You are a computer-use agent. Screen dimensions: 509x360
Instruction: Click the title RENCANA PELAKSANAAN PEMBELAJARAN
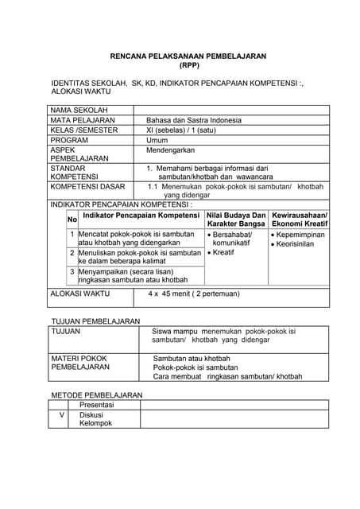188,56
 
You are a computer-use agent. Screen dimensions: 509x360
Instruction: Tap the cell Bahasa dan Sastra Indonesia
194,120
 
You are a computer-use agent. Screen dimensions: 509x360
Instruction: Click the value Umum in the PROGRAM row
157,140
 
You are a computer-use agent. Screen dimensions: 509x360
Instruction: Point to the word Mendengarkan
170,150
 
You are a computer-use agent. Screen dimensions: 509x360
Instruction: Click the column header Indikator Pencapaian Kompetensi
141,216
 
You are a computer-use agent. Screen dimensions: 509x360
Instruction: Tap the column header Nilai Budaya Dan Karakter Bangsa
236,220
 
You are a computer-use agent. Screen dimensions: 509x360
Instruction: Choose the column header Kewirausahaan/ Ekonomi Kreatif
299,220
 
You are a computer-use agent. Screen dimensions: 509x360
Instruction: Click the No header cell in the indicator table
72,220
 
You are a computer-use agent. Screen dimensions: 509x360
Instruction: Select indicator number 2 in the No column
72,253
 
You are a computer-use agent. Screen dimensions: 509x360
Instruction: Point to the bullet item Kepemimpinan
302,235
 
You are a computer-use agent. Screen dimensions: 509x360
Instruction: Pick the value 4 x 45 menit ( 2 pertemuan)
193,293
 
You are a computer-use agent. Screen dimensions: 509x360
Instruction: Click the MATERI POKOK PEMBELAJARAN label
79,363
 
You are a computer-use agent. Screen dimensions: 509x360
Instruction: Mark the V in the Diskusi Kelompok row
62,415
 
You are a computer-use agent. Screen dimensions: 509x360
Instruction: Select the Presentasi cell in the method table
96,405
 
